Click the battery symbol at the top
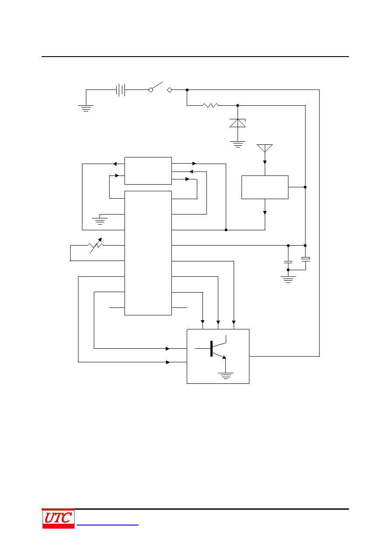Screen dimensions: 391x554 coord(121,90)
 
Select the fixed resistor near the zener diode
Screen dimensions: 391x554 coord(210,106)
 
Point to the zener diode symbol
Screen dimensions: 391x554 coord(238,123)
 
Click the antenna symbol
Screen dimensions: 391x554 coord(265,148)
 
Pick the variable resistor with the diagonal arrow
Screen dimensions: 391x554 coord(96,246)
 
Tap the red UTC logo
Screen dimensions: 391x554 coord(58,518)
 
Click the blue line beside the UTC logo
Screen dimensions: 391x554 coord(107,525)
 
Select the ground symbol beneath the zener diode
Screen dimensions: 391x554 coord(238,144)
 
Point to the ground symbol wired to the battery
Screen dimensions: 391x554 coord(86,108)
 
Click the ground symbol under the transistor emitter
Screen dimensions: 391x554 coord(226,376)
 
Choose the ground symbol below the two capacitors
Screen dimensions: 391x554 coord(288,280)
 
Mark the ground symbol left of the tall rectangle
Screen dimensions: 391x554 coord(100,221)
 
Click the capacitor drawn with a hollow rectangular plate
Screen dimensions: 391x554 coord(306,259)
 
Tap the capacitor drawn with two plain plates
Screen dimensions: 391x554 coord(288,262)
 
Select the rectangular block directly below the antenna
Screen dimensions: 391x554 coord(265,187)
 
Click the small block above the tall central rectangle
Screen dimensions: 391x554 coord(148,171)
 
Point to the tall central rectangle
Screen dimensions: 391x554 coord(148,253)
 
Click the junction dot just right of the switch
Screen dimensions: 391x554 coord(187,90)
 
